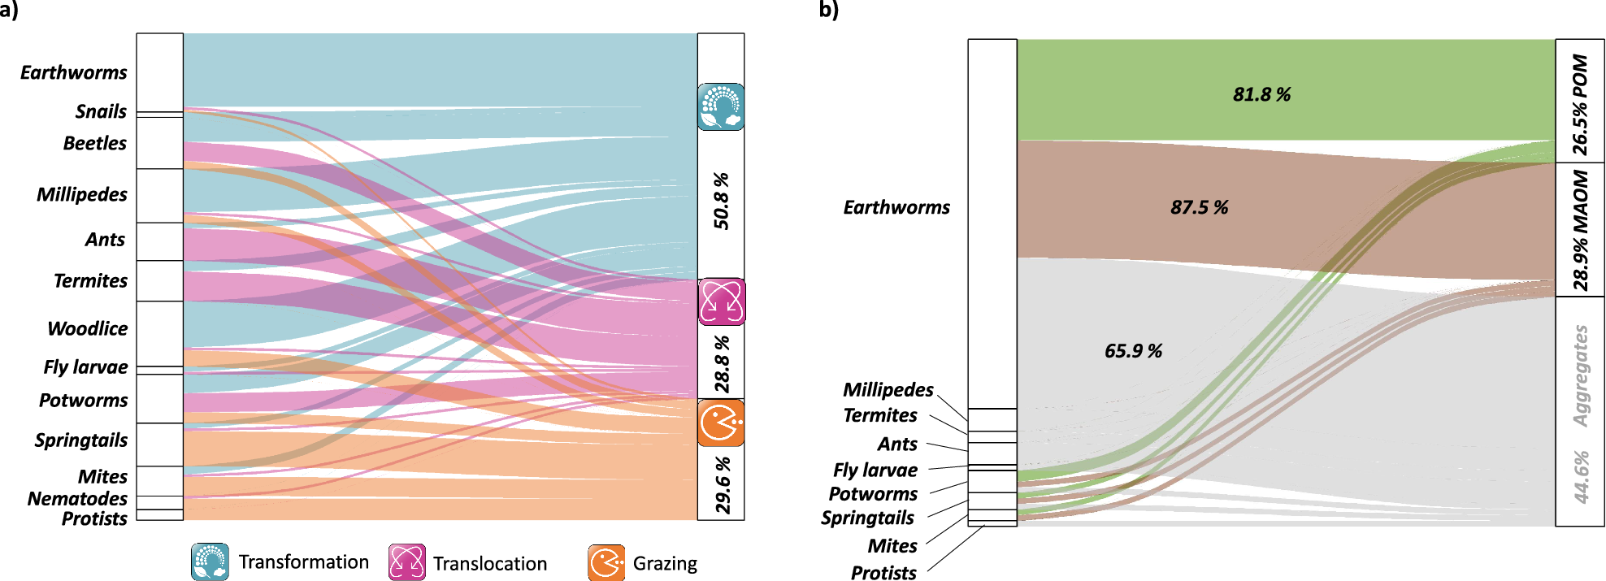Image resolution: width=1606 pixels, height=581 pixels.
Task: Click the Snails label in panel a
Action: tap(101, 111)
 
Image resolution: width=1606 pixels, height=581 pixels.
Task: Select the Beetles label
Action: tap(95, 143)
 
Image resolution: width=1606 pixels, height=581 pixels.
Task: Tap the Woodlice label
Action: tap(88, 328)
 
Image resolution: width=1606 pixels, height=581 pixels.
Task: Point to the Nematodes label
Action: tap(77, 498)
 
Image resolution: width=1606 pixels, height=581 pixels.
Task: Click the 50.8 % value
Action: tap(721, 201)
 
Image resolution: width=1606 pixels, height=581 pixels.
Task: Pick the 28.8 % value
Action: tap(722, 364)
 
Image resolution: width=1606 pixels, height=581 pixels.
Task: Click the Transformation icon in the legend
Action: tap(210, 562)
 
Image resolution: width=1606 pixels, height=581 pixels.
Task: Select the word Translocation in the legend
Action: tap(490, 563)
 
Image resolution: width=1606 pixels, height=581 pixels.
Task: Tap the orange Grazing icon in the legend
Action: tap(606, 563)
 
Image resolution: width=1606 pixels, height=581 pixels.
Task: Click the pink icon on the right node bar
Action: tap(721, 301)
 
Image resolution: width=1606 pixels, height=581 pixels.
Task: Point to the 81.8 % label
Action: tap(1261, 94)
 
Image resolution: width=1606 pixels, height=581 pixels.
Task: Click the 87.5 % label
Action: tap(1199, 207)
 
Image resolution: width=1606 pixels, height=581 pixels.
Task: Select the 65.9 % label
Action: tap(1133, 351)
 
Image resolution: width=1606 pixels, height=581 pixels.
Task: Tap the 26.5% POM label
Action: tap(1579, 104)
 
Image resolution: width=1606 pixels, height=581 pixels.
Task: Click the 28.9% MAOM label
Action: tap(1579, 230)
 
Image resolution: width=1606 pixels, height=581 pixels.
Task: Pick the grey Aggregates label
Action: tap(1580, 376)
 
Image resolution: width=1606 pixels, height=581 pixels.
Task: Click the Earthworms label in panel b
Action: tap(896, 207)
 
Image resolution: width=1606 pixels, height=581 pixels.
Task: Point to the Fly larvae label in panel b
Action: tap(875, 470)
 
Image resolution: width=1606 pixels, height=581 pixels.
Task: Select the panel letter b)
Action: tap(828, 10)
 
